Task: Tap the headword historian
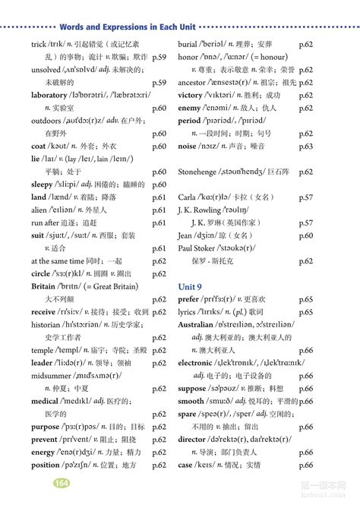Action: [x=49, y=323]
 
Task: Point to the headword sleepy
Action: [x=43, y=184]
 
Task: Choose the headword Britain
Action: [x=43, y=286]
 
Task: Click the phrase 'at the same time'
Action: [x=57, y=260]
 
